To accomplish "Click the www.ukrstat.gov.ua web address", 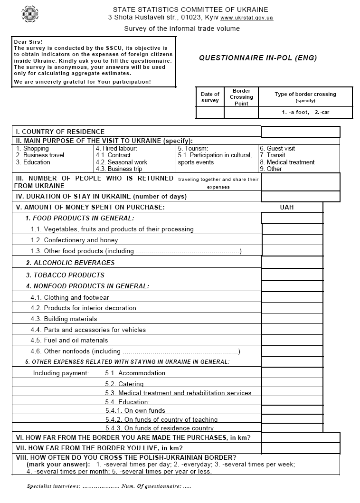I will point(246,18).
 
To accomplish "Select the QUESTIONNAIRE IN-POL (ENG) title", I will point(257,58).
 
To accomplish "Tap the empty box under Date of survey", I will point(210,113).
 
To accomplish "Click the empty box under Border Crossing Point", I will point(241,113).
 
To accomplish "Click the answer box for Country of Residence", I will point(300,132).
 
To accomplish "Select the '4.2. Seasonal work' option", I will point(121,162).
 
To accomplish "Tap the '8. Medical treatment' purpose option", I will point(287,162).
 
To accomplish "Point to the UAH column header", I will point(287,207).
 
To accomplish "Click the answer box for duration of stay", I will point(300,196).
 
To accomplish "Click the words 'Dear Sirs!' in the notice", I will point(28,42).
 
